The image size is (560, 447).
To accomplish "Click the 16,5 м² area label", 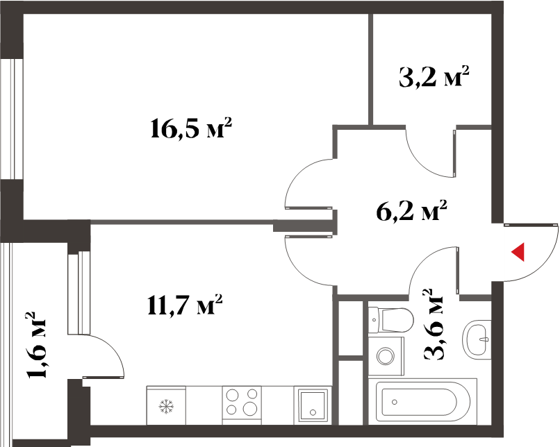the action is pyautogui.click(x=191, y=128).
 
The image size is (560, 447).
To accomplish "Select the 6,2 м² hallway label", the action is pyautogui.click(x=411, y=210).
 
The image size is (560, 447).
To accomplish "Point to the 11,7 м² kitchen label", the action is pyautogui.click(x=185, y=304).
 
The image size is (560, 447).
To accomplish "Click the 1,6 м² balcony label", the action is pyautogui.click(x=36, y=345).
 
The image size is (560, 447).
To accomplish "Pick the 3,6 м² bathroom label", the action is pyautogui.click(x=433, y=324).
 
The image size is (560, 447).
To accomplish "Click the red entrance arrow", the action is pyautogui.click(x=518, y=252).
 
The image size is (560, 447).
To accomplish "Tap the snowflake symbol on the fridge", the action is pyautogui.click(x=166, y=407).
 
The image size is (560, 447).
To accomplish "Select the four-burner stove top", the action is pyautogui.click(x=242, y=405).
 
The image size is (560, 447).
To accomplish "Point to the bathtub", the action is pyautogui.click(x=422, y=401).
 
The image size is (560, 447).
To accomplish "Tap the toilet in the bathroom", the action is pyautogui.click(x=390, y=319).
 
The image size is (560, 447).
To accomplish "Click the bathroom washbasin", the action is pyautogui.click(x=477, y=338).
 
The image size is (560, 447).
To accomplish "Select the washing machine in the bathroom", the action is pyautogui.click(x=386, y=356).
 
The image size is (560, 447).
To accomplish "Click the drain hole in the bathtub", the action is pyautogui.click(x=394, y=402).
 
